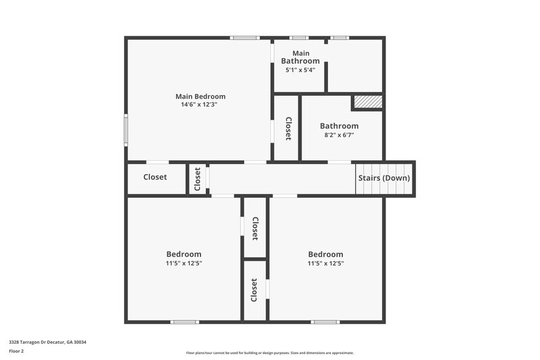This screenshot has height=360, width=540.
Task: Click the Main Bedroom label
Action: click(x=200, y=97)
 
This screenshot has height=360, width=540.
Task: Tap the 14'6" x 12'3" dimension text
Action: click(x=198, y=105)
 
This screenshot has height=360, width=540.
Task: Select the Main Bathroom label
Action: click(x=300, y=57)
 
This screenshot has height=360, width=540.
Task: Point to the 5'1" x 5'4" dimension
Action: click(x=300, y=70)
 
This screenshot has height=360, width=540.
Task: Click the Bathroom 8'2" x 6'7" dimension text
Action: click(x=339, y=135)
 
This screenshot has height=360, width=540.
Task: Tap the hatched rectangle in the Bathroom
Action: click(x=368, y=102)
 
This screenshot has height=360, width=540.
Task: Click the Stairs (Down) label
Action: click(x=383, y=178)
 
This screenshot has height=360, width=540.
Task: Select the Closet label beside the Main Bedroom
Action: click(x=288, y=128)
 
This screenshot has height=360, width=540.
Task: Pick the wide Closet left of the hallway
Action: click(x=155, y=178)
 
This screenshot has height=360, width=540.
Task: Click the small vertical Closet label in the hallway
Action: click(x=198, y=179)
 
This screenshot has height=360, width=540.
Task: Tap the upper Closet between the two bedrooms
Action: click(x=255, y=228)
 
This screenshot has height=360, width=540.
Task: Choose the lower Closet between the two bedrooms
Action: click(x=254, y=290)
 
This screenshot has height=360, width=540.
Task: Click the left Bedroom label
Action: click(x=184, y=255)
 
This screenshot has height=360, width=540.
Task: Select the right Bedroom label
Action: click(x=325, y=255)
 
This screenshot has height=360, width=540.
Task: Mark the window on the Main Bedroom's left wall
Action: click(x=126, y=130)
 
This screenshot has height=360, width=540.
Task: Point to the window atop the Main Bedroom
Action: click(x=244, y=38)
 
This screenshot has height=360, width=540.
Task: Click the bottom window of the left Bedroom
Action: click(x=184, y=322)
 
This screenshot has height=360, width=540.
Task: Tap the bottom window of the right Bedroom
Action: click(x=325, y=322)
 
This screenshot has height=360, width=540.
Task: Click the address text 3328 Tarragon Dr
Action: click(x=47, y=342)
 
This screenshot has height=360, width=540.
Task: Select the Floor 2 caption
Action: click(x=16, y=351)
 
